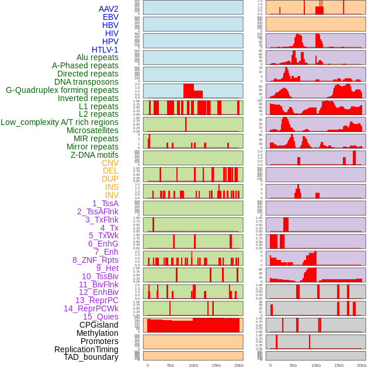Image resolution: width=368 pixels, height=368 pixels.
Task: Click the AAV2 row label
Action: (x=108, y=9)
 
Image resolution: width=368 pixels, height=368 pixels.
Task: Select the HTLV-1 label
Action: (x=105, y=50)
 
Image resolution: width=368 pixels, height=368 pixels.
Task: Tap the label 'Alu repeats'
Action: (x=97, y=58)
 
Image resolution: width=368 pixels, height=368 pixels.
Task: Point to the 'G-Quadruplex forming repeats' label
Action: (x=62, y=90)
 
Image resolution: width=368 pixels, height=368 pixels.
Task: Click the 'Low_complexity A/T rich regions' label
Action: (x=60, y=122)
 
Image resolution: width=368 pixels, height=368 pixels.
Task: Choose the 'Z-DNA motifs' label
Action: (x=94, y=155)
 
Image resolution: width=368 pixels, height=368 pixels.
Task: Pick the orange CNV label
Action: (x=110, y=163)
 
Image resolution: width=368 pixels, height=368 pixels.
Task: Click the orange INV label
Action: (x=112, y=195)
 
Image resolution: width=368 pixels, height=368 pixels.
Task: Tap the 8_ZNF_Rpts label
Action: (x=95, y=260)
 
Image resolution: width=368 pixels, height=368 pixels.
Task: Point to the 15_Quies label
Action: (x=100, y=317)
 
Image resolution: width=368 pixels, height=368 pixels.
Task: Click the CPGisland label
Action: (x=99, y=325)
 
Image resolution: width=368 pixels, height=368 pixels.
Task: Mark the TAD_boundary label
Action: (x=91, y=357)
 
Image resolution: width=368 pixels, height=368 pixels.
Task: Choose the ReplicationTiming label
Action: (x=86, y=349)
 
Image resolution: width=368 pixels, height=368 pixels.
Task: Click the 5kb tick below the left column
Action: (x=170, y=365)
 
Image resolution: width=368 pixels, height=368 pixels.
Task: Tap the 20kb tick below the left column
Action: (x=238, y=365)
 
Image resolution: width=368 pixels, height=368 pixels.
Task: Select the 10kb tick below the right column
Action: (x=315, y=365)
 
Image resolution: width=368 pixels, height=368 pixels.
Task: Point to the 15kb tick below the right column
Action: (x=338, y=365)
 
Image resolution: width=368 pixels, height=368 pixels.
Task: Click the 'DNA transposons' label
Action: (x=86, y=82)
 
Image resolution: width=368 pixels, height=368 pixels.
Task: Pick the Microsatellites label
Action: (x=92, y=130)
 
